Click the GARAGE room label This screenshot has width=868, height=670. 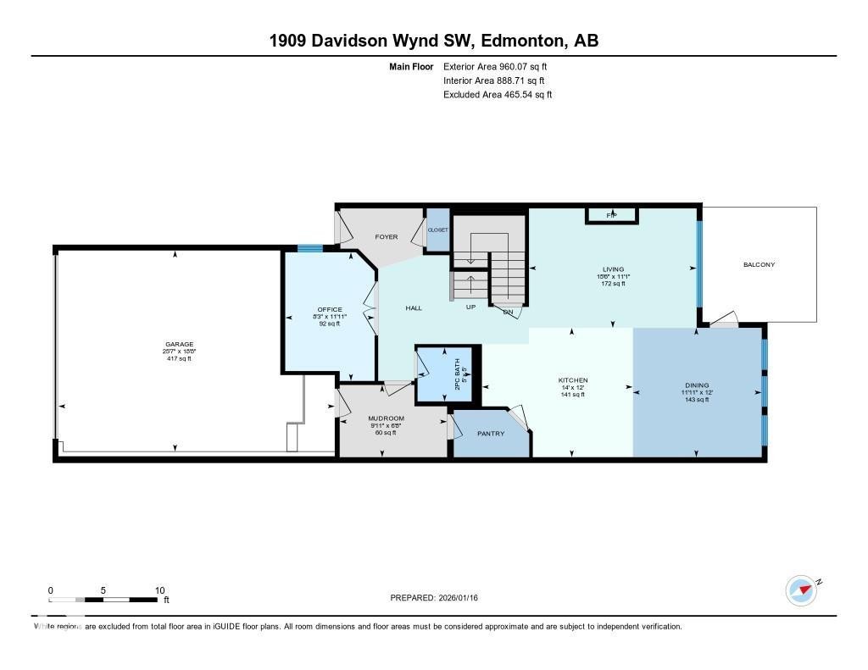point(179,345)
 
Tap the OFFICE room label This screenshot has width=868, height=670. point(329,309)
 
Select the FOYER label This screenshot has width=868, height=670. point(387,237)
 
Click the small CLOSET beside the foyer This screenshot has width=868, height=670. point(437,230)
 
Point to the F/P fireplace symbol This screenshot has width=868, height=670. point(611,216)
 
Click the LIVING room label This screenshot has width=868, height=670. point(612,269)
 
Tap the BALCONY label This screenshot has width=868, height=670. point(759,264)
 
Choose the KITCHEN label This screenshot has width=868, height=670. point(572,380)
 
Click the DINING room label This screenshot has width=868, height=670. point(696,385)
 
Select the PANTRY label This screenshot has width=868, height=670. point(491,434)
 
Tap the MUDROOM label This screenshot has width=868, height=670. point(386,418)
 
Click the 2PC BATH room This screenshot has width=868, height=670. point(446,374)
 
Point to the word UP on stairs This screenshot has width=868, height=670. point(470,307)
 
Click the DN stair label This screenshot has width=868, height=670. point(508,313)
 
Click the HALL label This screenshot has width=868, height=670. point(414,307)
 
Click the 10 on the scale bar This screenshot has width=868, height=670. point(159,590)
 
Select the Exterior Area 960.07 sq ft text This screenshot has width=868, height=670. point(501,66)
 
